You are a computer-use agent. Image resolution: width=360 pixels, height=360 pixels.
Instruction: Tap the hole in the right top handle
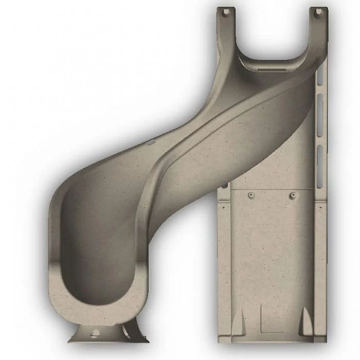[x=318, y=11]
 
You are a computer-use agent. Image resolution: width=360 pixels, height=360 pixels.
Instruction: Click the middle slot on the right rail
[x=320, y=116]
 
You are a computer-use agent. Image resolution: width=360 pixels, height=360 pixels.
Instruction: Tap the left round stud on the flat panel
[x=250, y=196]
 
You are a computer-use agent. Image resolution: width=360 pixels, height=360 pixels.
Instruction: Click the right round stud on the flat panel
[x=293, y=195]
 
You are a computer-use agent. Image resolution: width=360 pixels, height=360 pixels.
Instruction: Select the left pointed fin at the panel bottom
[x=238, y=323]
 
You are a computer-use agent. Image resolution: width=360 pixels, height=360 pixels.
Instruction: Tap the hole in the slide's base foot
[x=95, y=333]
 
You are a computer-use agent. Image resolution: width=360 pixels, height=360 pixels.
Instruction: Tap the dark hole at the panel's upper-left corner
[x=225, y=186]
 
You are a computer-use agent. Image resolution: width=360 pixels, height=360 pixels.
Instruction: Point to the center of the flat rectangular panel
[x=272, y=257]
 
